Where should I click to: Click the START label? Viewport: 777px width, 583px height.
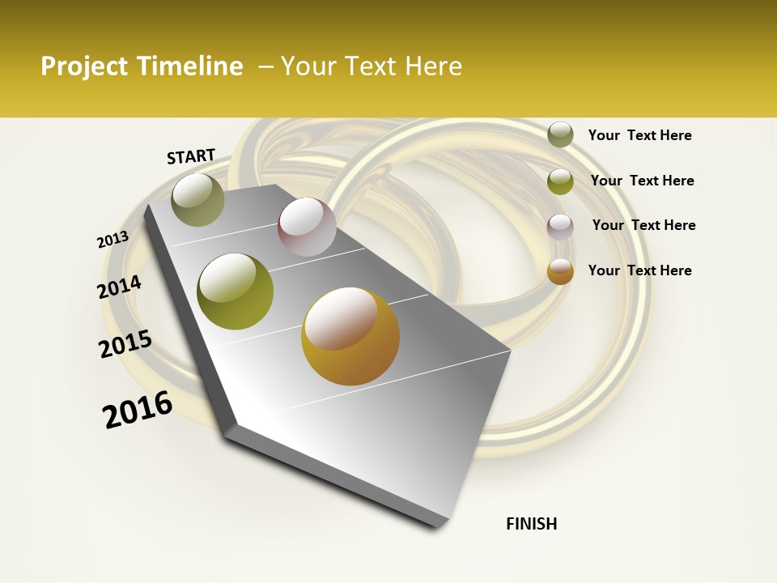191,156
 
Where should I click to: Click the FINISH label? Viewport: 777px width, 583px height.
531,524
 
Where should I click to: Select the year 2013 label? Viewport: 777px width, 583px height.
113,240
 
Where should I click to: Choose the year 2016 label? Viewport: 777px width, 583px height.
138,410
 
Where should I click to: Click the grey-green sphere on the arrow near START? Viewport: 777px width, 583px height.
197,199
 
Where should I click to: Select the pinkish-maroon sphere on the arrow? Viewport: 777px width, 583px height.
307,227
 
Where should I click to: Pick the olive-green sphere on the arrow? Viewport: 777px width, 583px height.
235,291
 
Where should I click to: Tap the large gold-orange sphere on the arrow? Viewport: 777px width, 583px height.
350,336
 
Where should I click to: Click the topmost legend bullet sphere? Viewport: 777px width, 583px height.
560,134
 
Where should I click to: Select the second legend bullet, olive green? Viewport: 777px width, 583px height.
560,181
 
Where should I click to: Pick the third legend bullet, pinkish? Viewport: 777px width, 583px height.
560,226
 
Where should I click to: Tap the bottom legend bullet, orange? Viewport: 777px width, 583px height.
560,271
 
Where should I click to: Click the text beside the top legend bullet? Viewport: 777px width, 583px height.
639,135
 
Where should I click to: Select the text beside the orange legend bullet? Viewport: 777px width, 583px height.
639,270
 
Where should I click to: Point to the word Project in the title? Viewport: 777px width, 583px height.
83,66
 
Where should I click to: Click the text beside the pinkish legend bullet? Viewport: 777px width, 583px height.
643,225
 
